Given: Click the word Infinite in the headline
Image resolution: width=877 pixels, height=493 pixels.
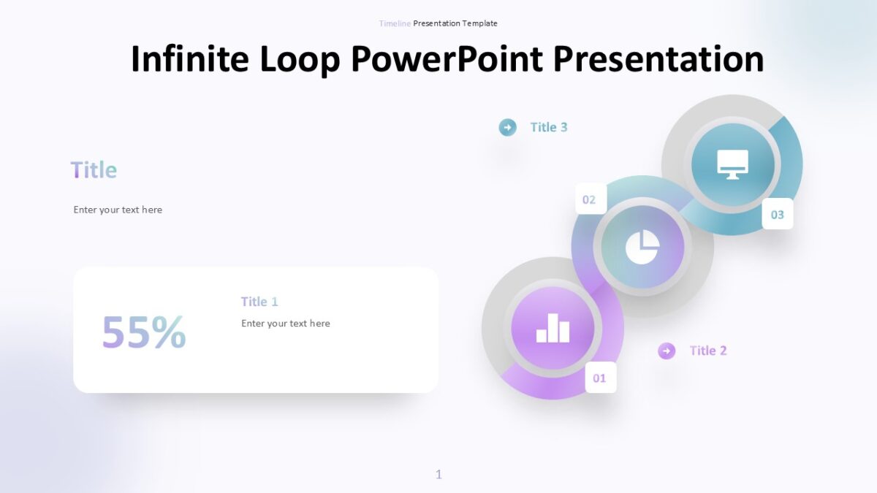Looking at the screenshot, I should (x=189, y=59).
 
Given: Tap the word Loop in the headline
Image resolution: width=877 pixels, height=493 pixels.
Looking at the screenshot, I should (x=300, y=59).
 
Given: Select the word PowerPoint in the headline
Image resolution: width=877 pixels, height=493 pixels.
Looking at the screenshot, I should (x=447, y=59).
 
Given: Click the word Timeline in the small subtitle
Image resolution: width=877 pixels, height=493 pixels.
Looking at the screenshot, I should (x=395, y=23).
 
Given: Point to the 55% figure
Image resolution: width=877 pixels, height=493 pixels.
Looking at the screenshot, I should (x=144, y=332).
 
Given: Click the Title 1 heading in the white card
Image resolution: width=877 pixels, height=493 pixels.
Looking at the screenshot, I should (x=259, y=302).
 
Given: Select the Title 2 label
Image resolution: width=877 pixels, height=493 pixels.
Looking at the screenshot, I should (x=708, y=351).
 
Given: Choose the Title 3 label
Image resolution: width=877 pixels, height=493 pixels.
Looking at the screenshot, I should (x=549, y=127).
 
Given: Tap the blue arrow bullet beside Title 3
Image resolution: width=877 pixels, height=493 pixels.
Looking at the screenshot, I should (x=507, y=127).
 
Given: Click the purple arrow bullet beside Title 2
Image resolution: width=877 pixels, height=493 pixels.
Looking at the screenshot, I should (x=667, y=351).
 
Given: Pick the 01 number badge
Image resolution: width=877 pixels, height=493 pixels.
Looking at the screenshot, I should (x=600, y=378).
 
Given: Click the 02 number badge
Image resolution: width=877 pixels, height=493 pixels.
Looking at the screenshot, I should (x=590, y=199).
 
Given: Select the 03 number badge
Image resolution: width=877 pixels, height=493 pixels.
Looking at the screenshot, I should (x=778, y=214).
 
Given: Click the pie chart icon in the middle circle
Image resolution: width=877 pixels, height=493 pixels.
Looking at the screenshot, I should (x=642, y=247).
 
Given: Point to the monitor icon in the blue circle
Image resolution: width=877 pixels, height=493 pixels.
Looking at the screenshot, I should (x=732, y=164).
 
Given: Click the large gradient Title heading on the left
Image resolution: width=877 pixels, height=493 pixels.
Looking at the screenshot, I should (x=94, y=170).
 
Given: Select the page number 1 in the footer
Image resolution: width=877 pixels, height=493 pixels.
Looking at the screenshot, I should (x=438, y=475).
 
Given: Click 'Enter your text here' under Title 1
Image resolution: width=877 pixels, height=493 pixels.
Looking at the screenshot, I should (x=286, y=324).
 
